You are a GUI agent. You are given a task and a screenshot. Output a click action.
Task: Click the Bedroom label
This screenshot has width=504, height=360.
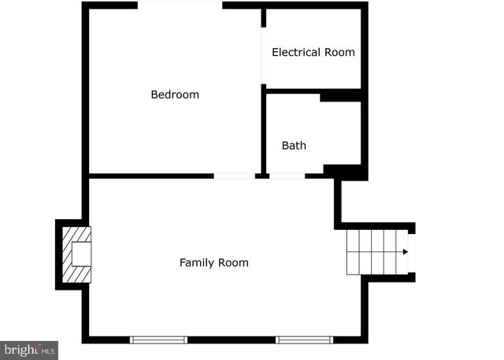coord(175,95)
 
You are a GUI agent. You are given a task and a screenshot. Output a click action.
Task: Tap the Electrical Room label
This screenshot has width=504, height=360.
coord(313,53)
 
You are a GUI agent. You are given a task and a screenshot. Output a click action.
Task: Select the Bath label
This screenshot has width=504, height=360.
coord(294,146)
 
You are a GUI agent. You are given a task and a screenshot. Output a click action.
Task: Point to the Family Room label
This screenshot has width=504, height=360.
coord(213,262)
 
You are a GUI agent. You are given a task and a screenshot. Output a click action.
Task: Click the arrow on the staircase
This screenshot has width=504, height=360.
coord(405,252)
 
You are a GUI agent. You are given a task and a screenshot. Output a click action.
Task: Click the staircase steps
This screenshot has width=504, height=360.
coord(374,252)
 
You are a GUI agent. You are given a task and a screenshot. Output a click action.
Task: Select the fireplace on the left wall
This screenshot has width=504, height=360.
coord(76,254)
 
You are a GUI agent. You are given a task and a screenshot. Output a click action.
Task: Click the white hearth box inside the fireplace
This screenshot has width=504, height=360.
coord(82,254)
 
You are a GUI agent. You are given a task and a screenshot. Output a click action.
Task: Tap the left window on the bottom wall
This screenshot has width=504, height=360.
coord(158,340)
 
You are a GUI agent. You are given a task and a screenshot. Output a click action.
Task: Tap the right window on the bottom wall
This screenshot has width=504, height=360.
coord(304,340)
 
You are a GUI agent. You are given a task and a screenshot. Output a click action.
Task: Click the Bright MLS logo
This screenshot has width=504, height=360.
coord(29,350)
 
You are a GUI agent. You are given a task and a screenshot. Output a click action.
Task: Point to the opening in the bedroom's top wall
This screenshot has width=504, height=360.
coord(180,6)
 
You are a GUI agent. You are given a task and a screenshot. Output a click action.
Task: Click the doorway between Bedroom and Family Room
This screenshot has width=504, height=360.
coord(234,175)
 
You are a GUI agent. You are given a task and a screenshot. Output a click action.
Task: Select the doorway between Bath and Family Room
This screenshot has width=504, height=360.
coord(287,175)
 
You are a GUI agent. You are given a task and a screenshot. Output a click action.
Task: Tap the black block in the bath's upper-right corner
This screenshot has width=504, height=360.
coord(340,97)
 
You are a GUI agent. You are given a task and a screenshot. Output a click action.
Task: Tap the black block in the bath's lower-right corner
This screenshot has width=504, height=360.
coord(345,171)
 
